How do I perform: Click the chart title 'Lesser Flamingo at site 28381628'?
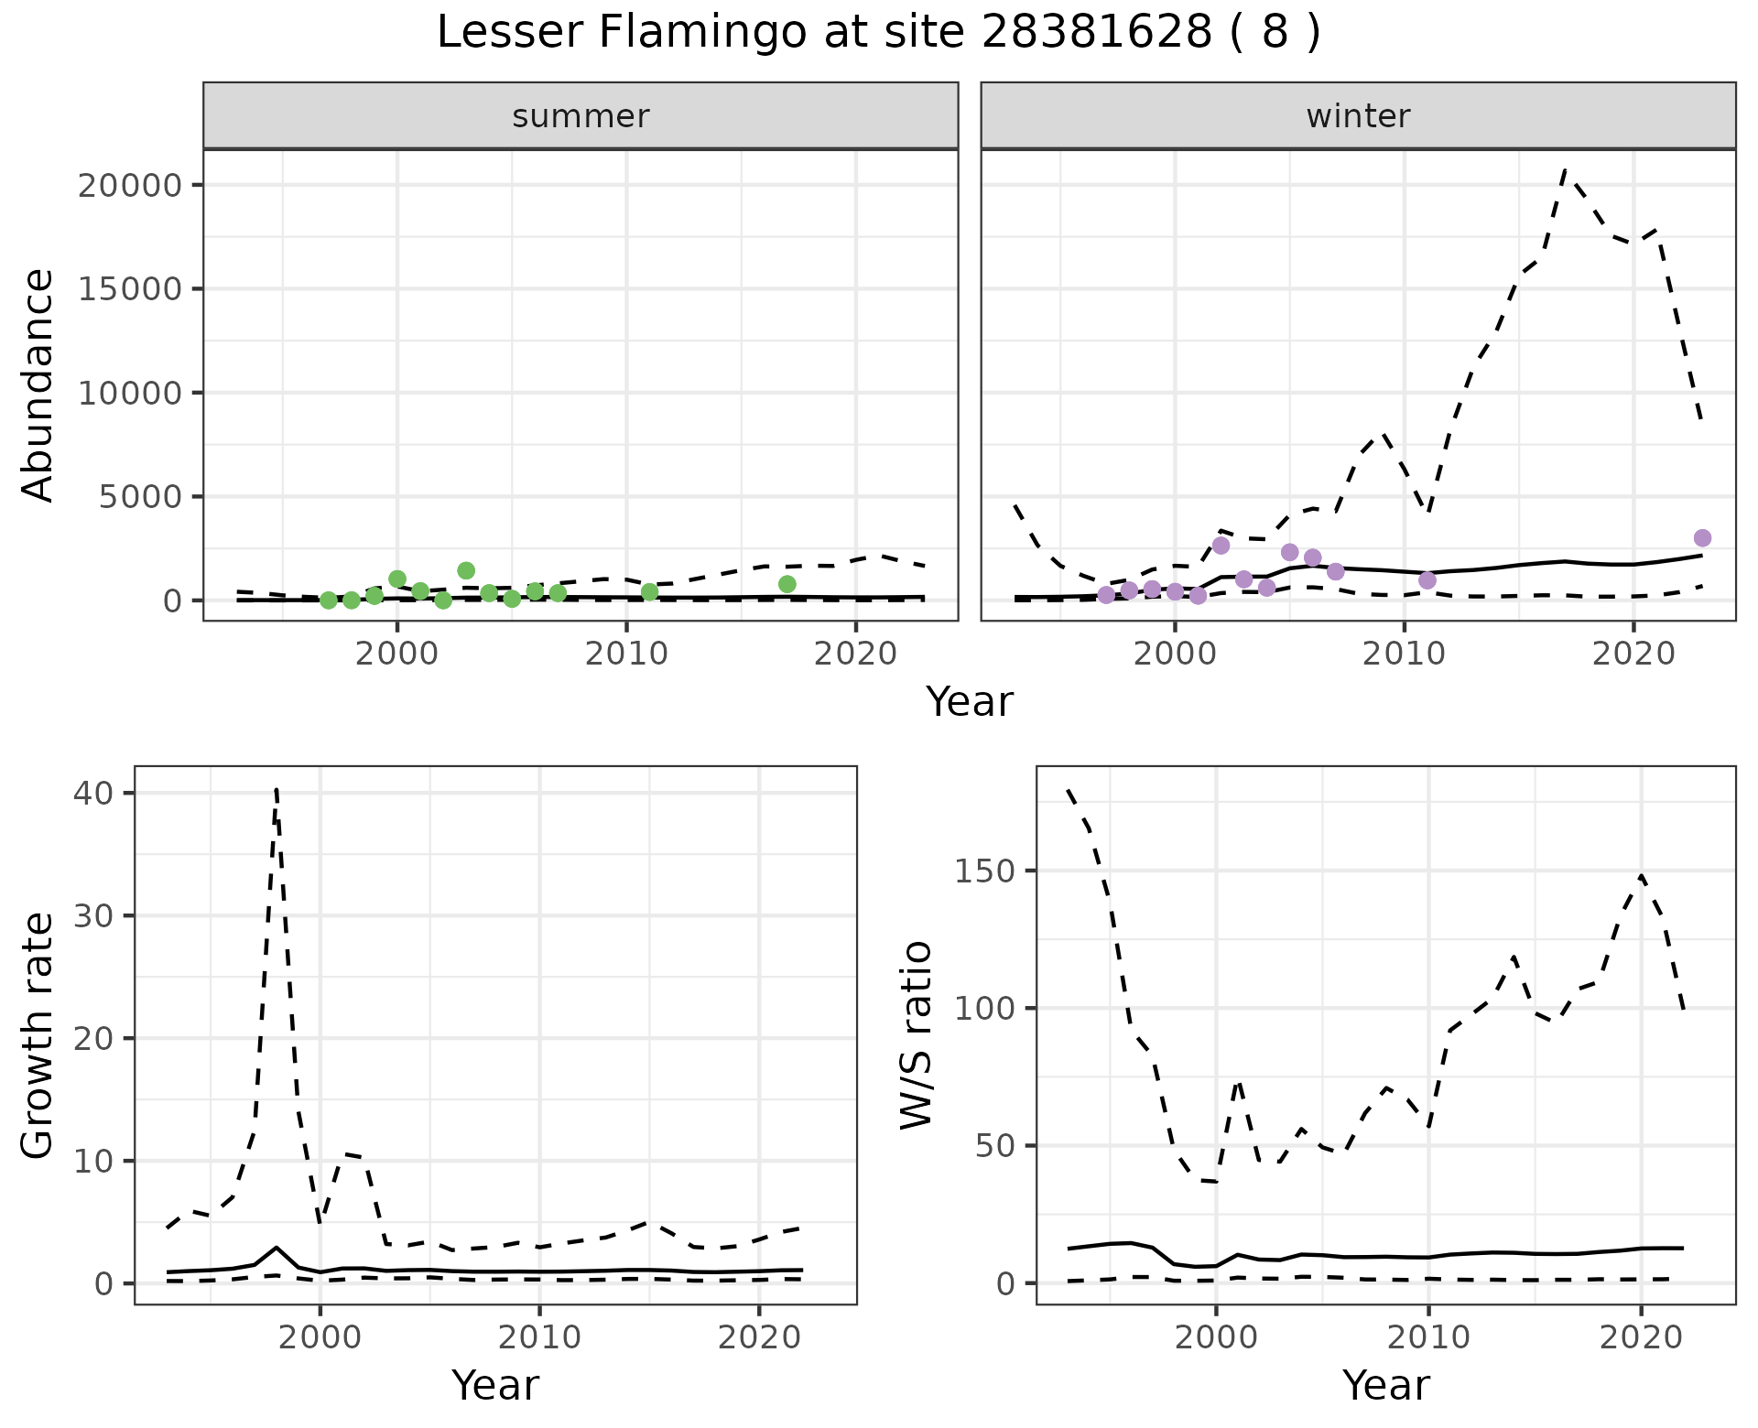(877, 33)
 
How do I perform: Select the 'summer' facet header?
(581, 116)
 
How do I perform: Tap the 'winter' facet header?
(1358, 116)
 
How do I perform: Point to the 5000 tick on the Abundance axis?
(141, 497)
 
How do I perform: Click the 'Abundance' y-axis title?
(38, 384)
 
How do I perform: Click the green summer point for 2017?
(787, 584)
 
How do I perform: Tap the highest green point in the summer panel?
(466, 571)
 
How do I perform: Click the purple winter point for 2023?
(1702, 538)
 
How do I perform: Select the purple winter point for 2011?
(1427, 580)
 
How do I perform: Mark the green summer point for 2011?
(650, 592)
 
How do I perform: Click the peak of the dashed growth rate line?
(277, 789)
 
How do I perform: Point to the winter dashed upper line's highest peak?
(1565, 170)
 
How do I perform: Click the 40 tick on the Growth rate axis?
(97, 793)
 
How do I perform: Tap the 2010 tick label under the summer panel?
(626, 654)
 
